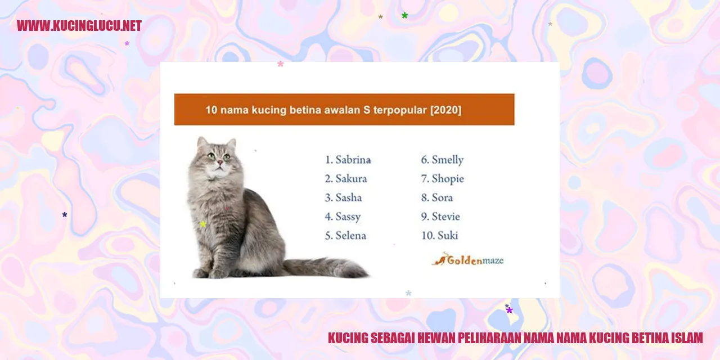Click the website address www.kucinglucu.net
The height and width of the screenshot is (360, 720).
79,26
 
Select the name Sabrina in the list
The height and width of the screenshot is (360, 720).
353,160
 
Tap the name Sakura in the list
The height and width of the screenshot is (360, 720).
351,179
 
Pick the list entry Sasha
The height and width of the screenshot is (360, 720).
348,197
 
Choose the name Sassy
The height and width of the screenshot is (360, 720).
348,217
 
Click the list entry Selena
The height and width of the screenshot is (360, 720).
350,236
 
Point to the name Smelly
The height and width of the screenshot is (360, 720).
447,160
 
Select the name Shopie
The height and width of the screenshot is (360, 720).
448,179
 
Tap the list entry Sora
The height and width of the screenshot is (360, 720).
442,197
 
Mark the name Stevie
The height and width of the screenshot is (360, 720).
445,217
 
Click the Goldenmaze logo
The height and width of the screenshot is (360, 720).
467,259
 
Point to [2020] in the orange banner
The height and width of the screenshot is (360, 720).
446,110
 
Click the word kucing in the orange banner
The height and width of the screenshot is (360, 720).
269,110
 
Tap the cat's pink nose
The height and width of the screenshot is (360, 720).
220,163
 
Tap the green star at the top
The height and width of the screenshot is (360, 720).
404,15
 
